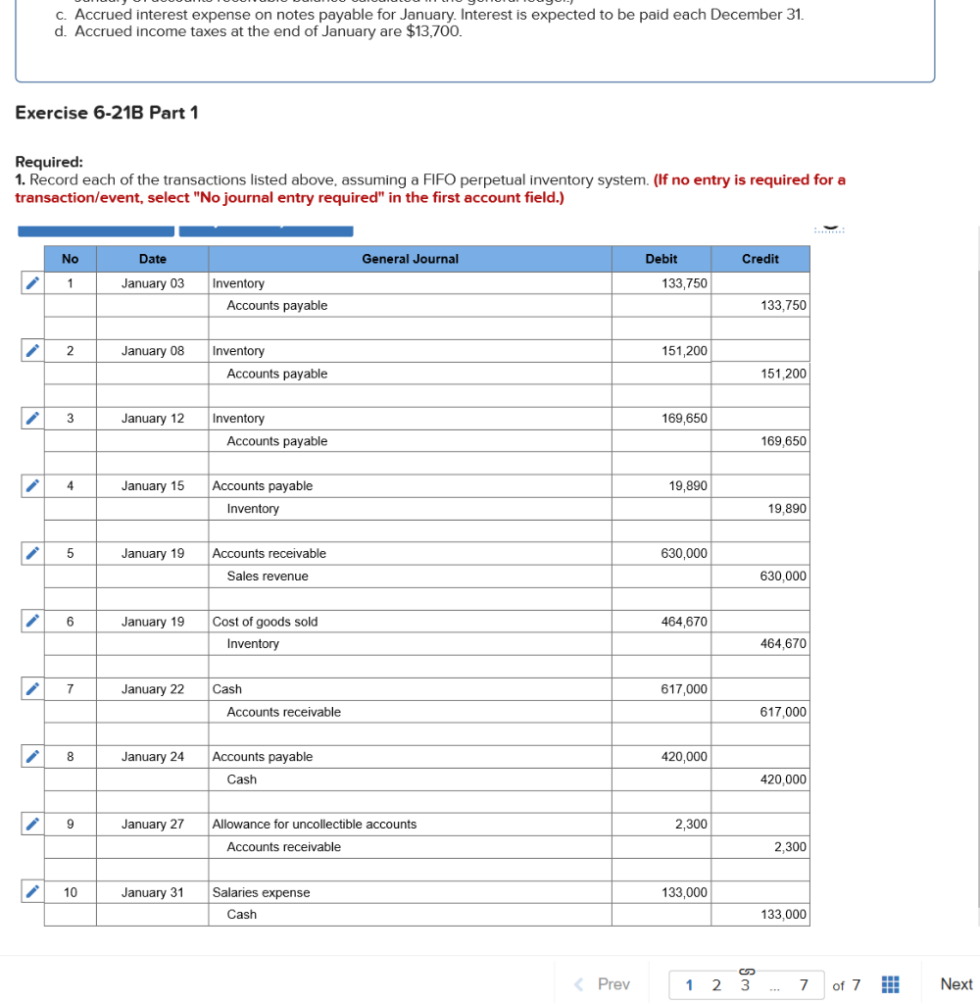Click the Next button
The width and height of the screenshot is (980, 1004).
(955, 983)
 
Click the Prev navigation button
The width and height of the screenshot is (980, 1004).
(604, 983)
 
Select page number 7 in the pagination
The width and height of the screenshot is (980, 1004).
(804, 984)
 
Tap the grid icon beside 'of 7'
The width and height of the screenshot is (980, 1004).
(891, 984)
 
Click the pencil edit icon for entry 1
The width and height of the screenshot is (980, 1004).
(31, 283)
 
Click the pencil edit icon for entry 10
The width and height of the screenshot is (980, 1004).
(31, 892)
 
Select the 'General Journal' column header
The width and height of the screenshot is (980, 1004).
(410, 259)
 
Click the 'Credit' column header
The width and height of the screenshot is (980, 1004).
(759, 259)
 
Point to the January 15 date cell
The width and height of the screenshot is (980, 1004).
(152, 486)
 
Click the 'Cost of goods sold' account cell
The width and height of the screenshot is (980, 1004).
(265, 622)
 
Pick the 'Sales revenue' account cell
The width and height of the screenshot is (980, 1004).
(268, 577)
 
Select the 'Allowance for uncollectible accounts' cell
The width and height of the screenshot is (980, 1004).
(315, 825)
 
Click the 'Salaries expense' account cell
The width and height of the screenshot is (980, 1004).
(261, 892)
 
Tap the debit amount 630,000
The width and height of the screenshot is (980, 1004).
(684, 554)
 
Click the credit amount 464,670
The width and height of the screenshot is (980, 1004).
(783, 644)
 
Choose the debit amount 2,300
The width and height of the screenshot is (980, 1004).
(691, 825)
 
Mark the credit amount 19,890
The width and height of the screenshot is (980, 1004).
(788, 509)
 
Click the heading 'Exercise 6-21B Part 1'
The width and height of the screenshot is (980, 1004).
(107, 113)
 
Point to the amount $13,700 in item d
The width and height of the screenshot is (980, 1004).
(432, 31)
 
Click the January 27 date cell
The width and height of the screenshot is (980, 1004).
(152, 825)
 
